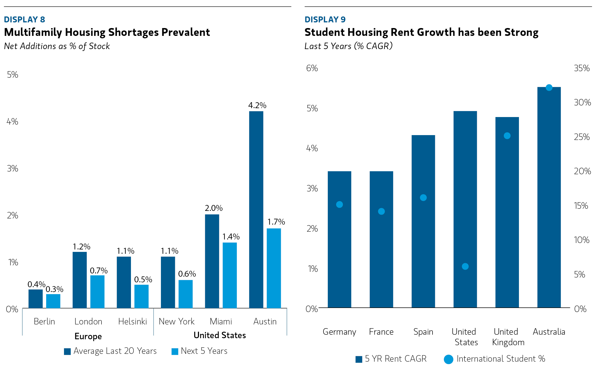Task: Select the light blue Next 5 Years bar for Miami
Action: [x=230, y=275]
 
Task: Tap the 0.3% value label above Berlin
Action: [x=54, y=289]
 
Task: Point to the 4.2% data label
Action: [x=257, y=105]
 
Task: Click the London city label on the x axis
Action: [x=88, y=321]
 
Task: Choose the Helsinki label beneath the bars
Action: [x=132, y=321]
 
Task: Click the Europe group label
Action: [x=88, y=336]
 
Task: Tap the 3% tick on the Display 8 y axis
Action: [x=12, y=169]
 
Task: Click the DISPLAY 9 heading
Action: [x=325, y=19]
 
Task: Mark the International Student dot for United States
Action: [x=465, y=266]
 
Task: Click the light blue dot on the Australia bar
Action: [x=549, y=88]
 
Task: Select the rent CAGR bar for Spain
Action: [x=423, y=221]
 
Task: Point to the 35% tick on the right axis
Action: [x=582, y=68]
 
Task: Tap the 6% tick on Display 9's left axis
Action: [x=312, y=68]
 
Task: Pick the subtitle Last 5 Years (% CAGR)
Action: [x=348, y=46]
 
